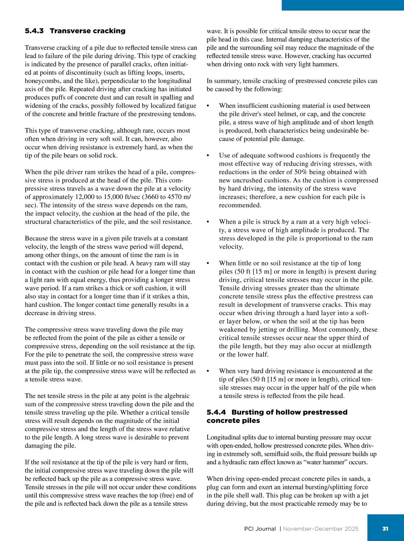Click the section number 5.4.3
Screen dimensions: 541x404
point(34,31)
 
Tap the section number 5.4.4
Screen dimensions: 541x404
point(216,412)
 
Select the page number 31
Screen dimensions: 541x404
point(385,529)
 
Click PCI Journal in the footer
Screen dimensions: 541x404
point(260,529)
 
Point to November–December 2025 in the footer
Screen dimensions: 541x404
point(321,529)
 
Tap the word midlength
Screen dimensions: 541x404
point(357,346)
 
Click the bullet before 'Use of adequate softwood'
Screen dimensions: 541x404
point(208,156)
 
